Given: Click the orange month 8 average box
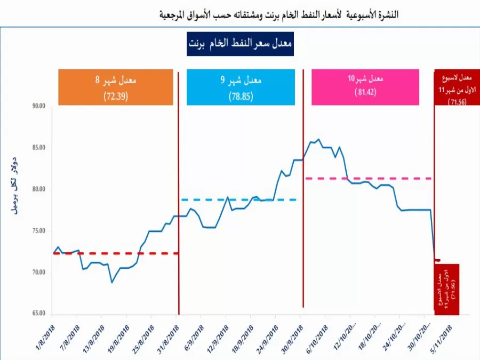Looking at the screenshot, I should [x=115, y=87].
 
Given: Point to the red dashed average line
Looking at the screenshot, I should [x=128, y=253].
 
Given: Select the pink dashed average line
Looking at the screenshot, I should [x=368, y=178].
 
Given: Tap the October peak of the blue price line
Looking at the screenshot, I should [x=318, y=140].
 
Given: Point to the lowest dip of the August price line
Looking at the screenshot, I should [x=112, y=282].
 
